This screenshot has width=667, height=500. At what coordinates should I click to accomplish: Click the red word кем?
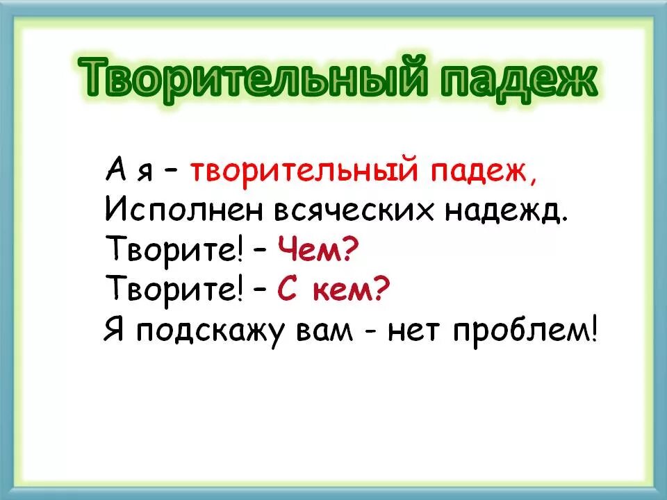(345, 290)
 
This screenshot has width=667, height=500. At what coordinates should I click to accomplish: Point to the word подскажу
(203, 331)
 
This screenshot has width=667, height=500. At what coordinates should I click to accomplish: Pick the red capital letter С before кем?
(288, 290)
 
